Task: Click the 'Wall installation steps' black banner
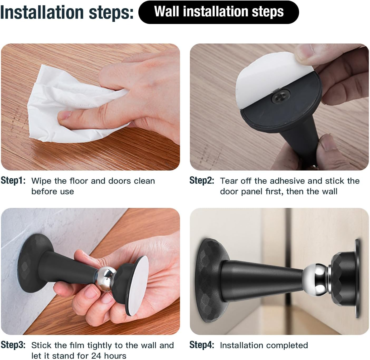click(218, 12)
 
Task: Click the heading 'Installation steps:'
click(67, 12)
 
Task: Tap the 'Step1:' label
click(13, 181)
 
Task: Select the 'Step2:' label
click(202, 181)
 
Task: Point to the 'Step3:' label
click(13, 345)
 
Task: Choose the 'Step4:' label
click(202, 345)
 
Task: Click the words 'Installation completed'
click(264, 345)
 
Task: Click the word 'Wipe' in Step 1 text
click(41, 181)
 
